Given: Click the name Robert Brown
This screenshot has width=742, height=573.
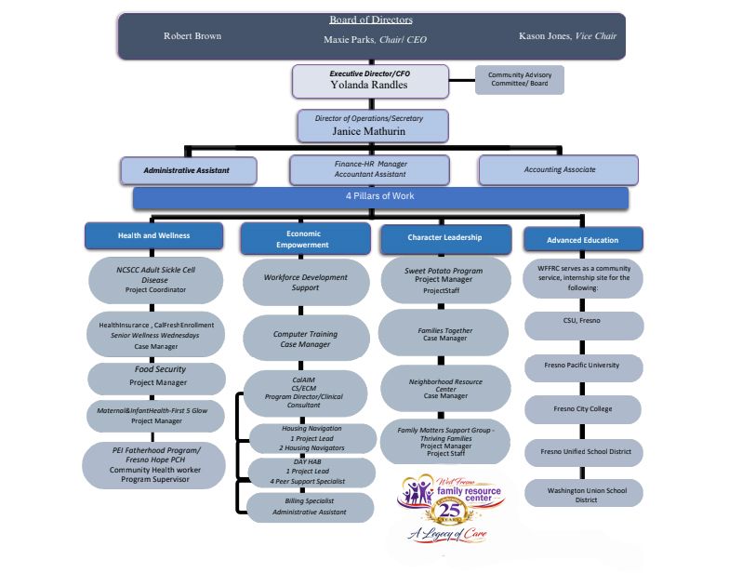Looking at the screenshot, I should [192, 36].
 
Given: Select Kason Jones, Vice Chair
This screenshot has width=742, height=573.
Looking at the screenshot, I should [567, 35].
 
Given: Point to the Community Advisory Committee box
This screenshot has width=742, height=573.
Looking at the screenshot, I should [519, 79].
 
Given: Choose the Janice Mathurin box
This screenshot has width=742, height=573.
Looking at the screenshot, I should [373, 126].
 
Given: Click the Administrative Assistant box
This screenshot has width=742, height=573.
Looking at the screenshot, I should [188, 170].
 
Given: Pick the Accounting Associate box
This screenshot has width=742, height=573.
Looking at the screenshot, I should [558, 170].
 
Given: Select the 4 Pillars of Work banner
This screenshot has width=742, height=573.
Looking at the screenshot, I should [380, 197].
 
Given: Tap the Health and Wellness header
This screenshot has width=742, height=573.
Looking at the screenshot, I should [155, 236].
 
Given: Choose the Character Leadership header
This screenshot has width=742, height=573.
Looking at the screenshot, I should [444, 238].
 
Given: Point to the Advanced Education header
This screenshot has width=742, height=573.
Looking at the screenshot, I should [583, 240].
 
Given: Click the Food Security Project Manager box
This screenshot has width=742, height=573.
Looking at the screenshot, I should [157, 376].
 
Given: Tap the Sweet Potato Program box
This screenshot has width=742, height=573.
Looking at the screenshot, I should [444, 278].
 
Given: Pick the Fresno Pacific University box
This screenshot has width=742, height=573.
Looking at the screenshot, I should [583, 366].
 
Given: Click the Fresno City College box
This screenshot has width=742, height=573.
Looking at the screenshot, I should [583, 408].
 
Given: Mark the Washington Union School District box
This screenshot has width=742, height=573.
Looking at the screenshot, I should [583, 493].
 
